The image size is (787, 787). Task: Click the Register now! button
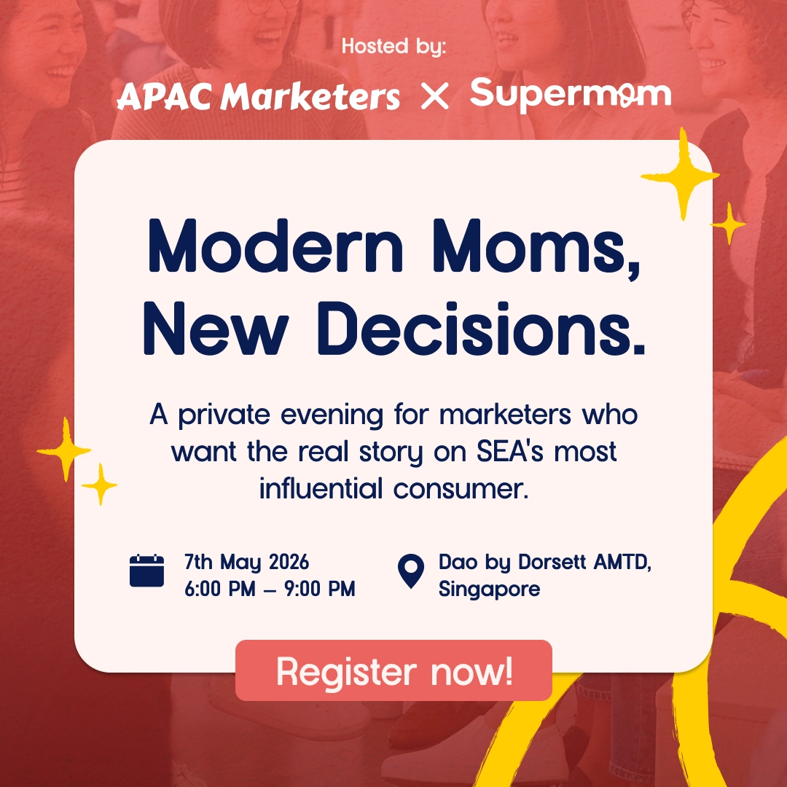[393, 670]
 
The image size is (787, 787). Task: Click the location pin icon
[412, 571]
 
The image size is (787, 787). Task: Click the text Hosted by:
[393, 47]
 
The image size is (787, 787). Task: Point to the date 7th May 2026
[246, 563]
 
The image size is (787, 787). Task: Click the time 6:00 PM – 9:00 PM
[270, 589]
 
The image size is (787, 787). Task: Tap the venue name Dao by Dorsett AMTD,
[544, 563]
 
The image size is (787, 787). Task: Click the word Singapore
[489, 589]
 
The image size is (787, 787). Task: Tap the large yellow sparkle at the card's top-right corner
[681, 173]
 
